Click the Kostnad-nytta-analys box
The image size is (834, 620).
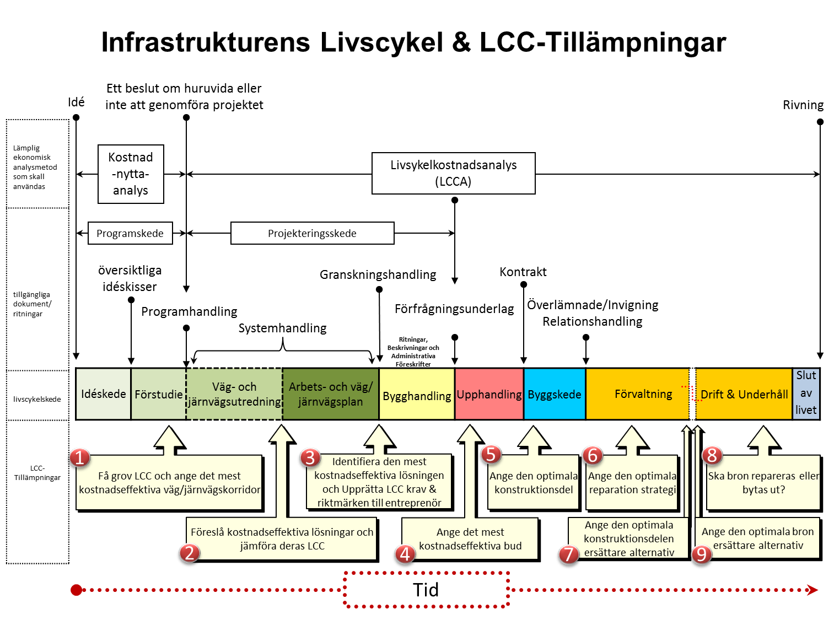click(131, 174)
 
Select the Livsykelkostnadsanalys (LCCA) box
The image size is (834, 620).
click(453, 173)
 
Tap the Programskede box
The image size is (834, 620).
click(130, 233)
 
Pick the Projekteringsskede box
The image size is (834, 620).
click(312, 233)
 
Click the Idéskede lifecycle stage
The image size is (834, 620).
click(103, 393)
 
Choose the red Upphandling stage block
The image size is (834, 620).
click(489, 393)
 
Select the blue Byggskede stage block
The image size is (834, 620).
click(555, 393)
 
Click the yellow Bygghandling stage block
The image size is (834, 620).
click(417, 393)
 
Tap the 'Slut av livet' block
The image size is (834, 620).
click(806, 393)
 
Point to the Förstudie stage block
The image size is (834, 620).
click(158, 393)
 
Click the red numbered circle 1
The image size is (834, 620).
click(79, 457)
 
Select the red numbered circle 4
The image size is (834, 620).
click(405, 553)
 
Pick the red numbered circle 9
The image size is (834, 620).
click(702, 554)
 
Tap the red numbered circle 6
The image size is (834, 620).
click(593, 455)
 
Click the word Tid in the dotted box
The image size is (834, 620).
click(426, 590)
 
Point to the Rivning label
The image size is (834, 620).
click(803, 105)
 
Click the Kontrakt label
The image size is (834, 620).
click(523, 272)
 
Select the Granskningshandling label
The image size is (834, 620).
click(378, 275)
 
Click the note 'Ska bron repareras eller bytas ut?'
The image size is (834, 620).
click(763, 483)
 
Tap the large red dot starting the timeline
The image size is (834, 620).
click(76, 590)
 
